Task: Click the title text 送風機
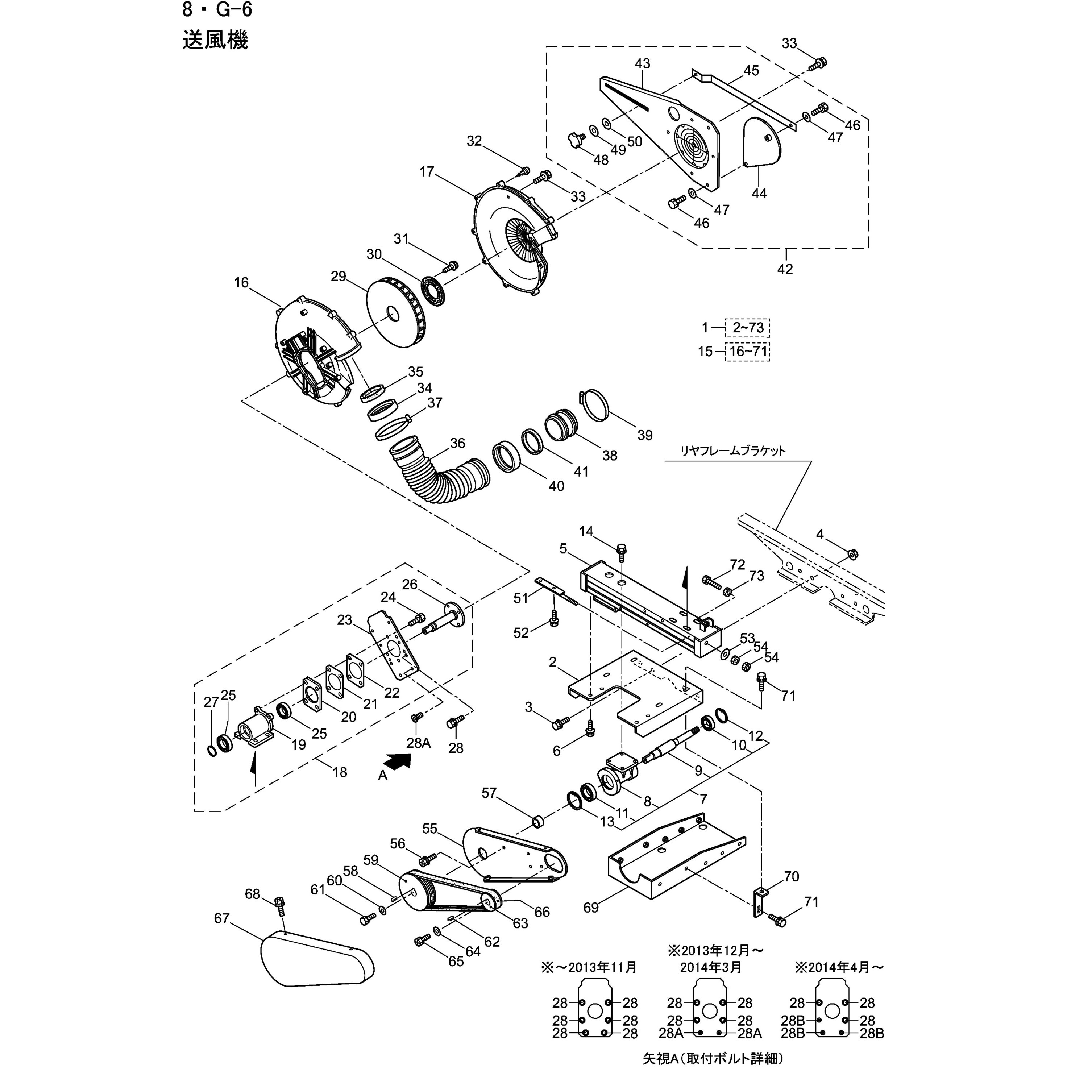tap(215, 40)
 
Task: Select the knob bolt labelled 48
tap(576, 140)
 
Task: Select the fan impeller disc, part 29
tap(395, 315)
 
